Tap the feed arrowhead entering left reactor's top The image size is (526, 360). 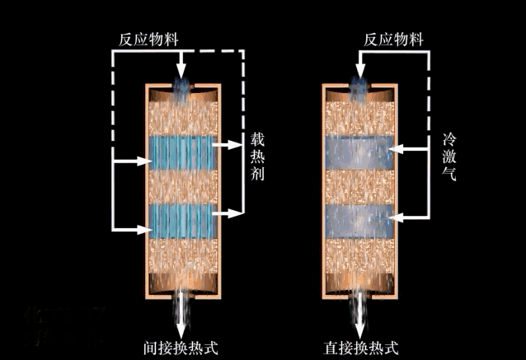(181, 73)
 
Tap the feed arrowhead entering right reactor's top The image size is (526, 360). (359, 73)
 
